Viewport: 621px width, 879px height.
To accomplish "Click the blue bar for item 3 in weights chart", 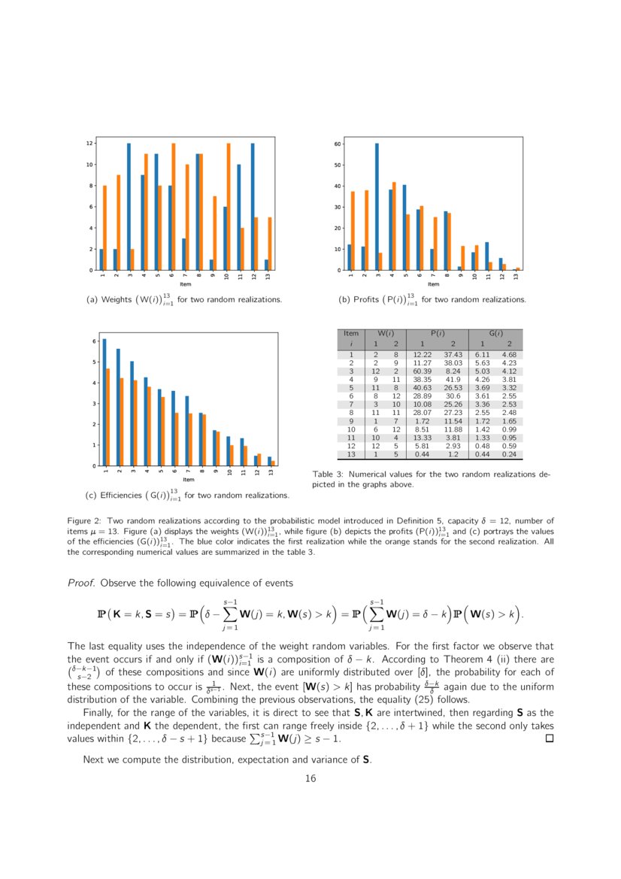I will coord(129,207).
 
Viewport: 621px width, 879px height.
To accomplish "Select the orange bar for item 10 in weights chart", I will coord(229,207).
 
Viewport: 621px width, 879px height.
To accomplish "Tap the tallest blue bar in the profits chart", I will coord(377,207).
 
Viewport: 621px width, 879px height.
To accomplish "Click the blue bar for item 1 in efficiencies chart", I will coord(105,402).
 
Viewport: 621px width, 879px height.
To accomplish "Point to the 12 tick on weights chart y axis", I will coord(89,144).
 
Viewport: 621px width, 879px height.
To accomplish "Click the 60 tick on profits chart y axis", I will coord(338,144).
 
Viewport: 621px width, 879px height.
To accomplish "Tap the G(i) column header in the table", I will coord(495,333).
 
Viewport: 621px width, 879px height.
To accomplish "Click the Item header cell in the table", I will coord(350,333).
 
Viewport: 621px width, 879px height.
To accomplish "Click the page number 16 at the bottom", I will coord(310,778).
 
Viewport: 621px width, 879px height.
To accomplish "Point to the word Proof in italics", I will coord(81,583).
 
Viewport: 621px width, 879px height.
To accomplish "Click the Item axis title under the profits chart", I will coord(433,284).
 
